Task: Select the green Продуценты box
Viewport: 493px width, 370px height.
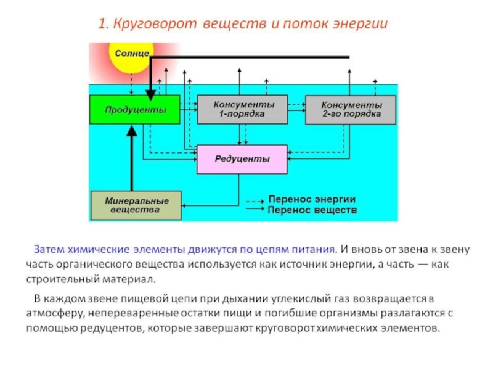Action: click(x=135, y=110)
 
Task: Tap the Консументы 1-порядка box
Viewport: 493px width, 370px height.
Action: click(x=242, y=110)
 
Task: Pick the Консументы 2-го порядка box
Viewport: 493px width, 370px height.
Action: click(x=351, y=110)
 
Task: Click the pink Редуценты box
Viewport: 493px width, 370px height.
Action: click(x=242, y=159)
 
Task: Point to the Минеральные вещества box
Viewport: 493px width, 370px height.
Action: click(x=136, y=205)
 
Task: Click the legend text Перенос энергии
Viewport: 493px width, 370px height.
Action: click(x=312, y=200)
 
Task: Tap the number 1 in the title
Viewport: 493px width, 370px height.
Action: click(x=101, y=25)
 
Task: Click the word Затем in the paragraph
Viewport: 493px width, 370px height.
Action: click(x=49, y=250)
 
